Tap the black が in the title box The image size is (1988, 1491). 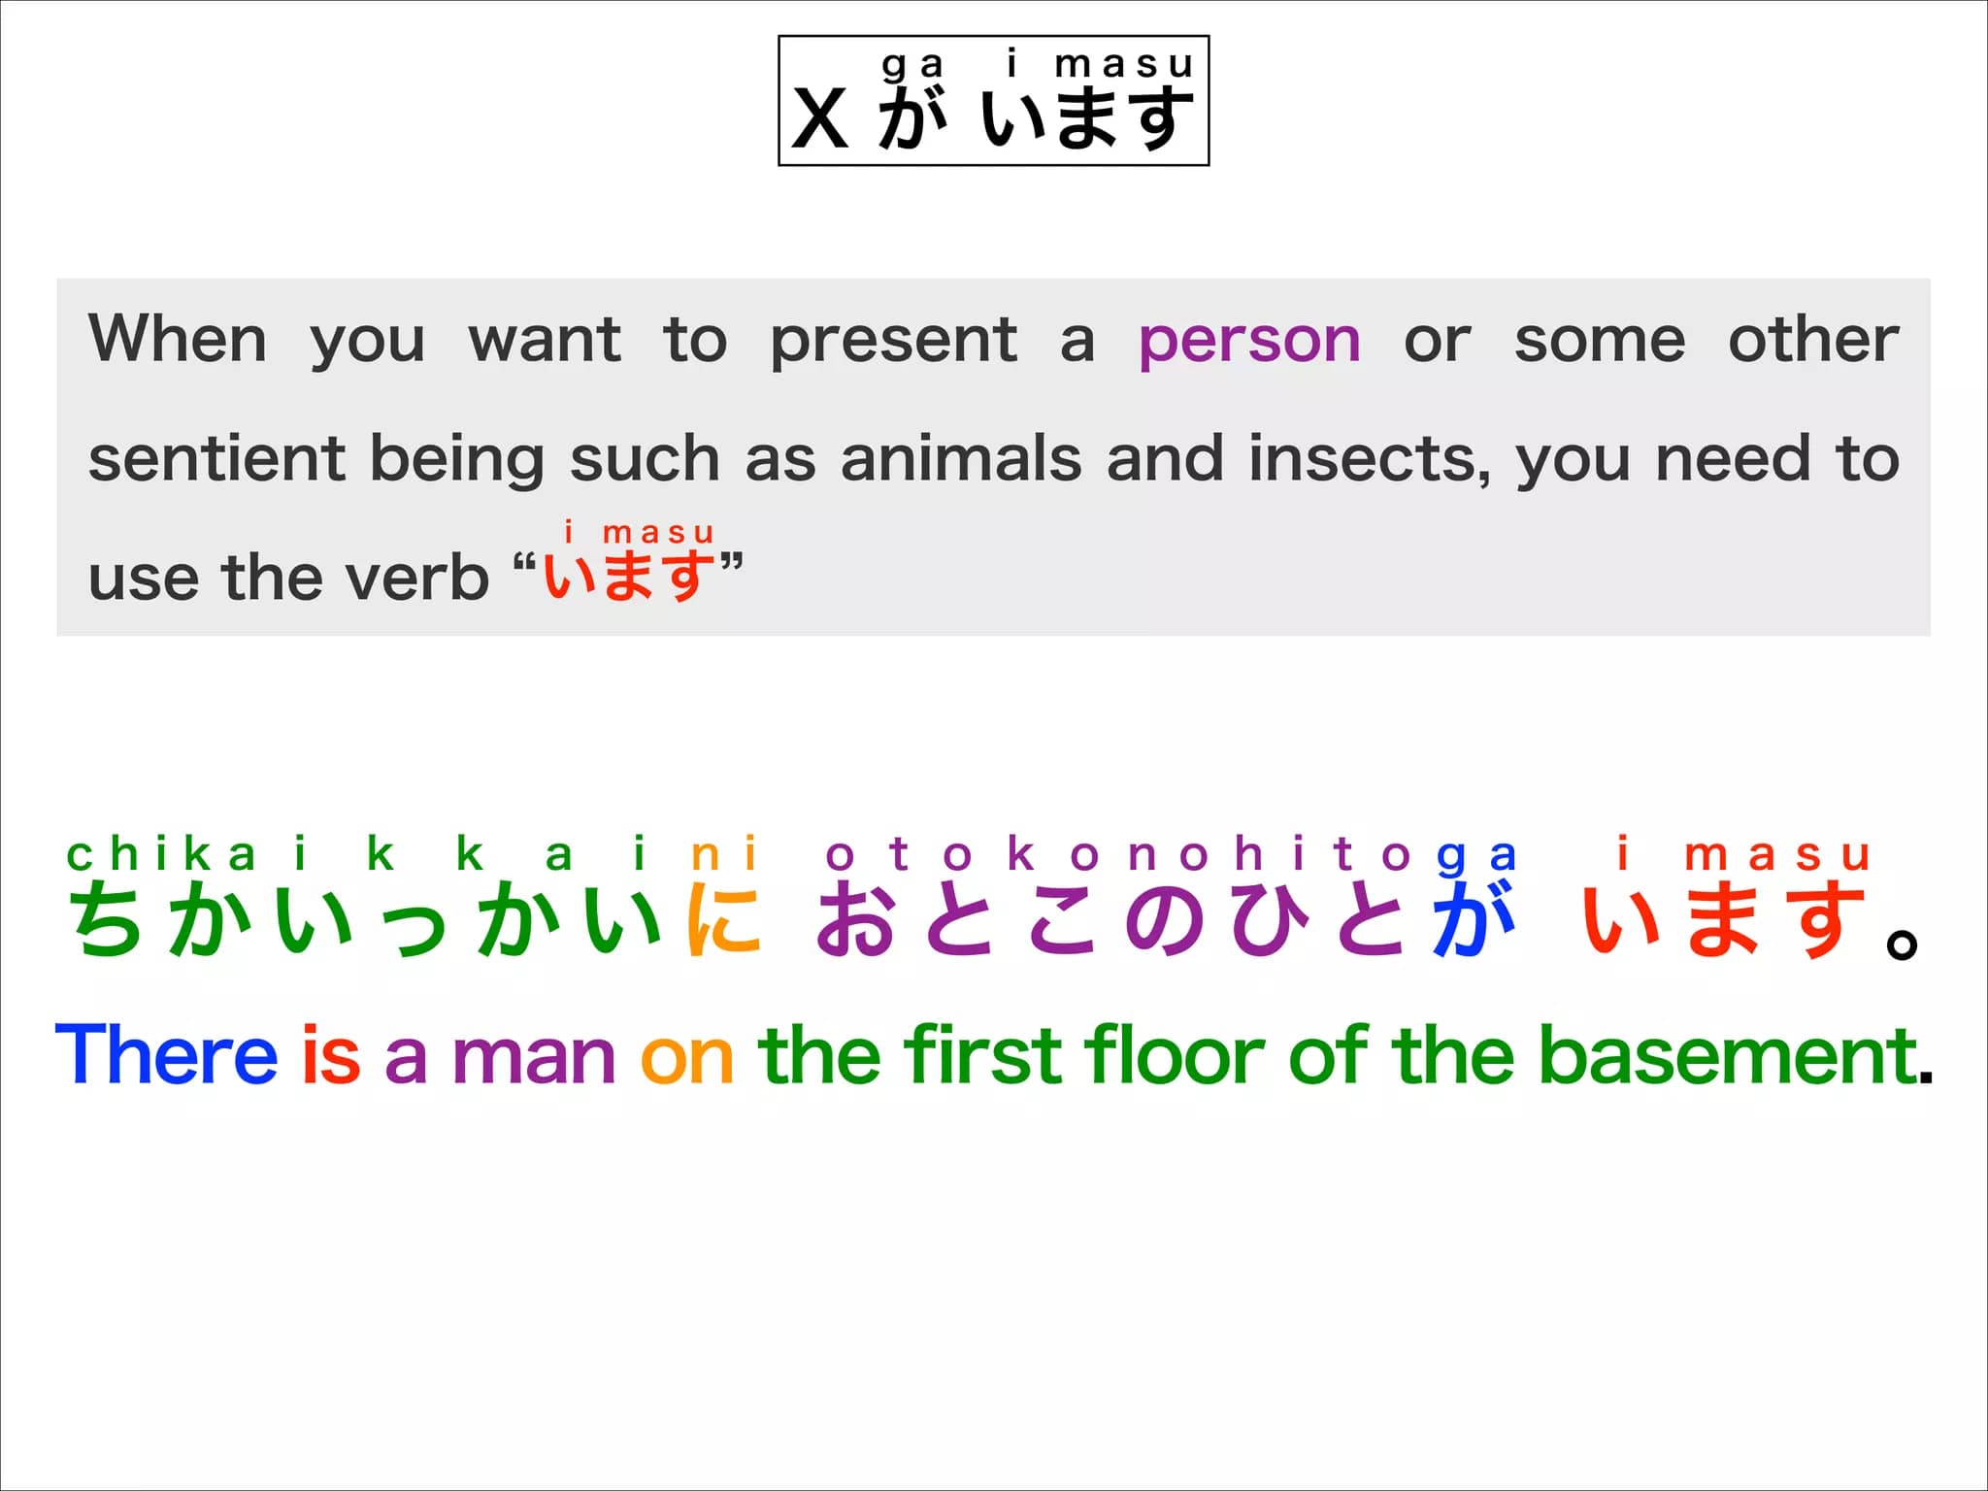pyautogui.click(x=912, y=117)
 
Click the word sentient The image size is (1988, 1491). pyautogui.click(x=216, y=458)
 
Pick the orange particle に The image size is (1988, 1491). pyautogui.click(x=723, y=919)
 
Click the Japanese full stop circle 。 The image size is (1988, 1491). pyautogui.click(x=1903, y=944)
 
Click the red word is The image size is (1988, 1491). pyautogui.click(x=331, y=1054)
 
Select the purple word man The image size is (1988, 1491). pyautogui.click(x=534, y=1060)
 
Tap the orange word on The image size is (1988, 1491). pyautogui.click(x=687, y=1060)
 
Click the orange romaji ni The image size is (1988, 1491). pyautogui.click(x=723, y=855)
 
